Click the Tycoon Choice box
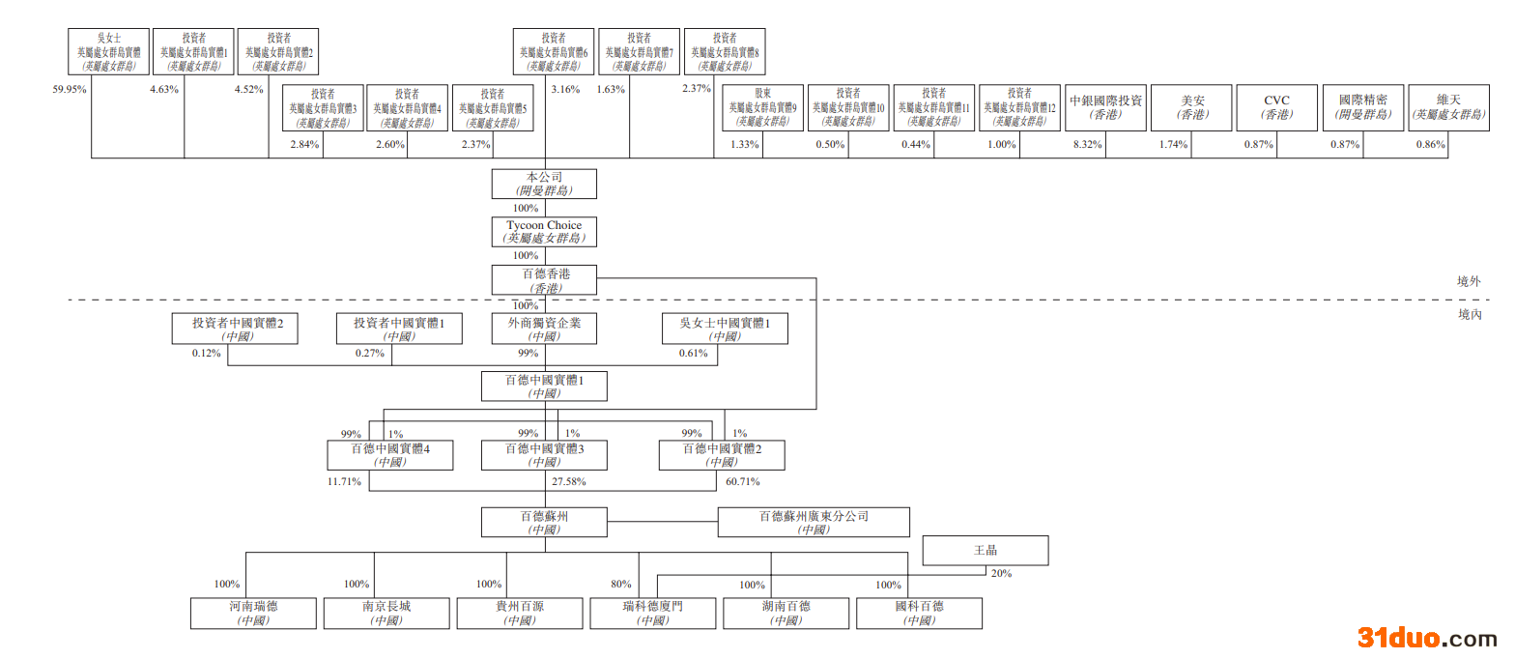[544, 231]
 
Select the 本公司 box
[544, 184]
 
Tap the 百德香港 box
[544, 279]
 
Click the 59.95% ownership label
[70, 90]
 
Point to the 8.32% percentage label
[1087, 145]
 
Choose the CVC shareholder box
[1276, 106]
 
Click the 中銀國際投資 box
[1105, 106]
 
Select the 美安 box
[1191, 106]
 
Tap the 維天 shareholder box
[1448, 106]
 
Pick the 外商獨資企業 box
[544, 329]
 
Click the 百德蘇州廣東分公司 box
[814, 522]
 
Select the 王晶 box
[985, 551]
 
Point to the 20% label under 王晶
[1001, 573]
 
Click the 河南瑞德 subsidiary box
[252, 613]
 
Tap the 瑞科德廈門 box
[652, 613]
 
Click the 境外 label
[1469, 281]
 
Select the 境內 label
[1469, 314]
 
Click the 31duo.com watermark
[1427, 638]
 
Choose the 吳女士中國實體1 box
[724, 329]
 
